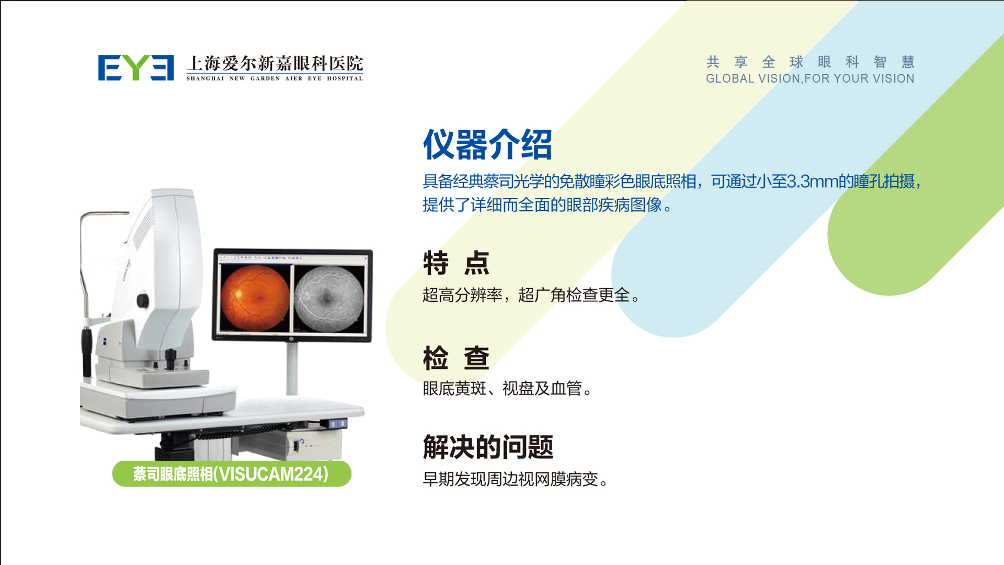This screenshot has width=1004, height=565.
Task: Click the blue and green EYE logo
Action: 136,67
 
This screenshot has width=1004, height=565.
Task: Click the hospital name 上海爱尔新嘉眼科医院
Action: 275,63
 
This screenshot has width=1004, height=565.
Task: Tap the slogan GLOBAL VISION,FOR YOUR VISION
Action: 810,78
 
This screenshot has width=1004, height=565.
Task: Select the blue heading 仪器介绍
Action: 487,144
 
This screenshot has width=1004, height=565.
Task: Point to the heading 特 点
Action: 456,263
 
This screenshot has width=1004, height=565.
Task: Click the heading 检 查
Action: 456,358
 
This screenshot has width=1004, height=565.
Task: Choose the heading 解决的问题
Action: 488,447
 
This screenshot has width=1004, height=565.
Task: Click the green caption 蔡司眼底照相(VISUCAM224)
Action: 231,474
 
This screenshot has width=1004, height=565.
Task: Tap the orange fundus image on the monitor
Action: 255,297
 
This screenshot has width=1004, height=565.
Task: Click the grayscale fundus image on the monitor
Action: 329,299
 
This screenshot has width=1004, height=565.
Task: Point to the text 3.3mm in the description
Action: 812,182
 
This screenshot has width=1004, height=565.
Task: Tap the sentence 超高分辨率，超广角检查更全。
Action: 532,295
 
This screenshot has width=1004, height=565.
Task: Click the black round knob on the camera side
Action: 142,300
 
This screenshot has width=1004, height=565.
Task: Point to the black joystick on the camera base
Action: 170,358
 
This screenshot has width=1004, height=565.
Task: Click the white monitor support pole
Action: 292,369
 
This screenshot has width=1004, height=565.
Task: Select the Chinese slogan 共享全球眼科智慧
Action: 810,62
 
